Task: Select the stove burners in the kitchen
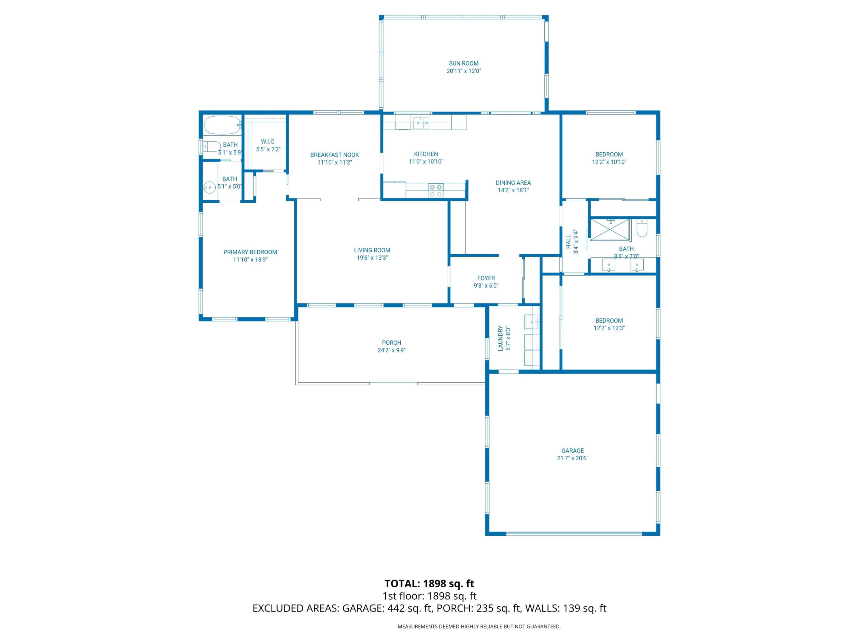coord(435,190)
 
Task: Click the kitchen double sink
coord(421,123)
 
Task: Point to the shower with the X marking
coord(609,230)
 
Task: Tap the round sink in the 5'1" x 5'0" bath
coord(210,188)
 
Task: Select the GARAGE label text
coord(572,451)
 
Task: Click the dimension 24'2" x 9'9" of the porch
coord(391,350)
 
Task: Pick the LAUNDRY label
coord(500,338)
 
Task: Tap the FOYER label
coord(486,278)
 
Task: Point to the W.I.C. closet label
coord(268,142)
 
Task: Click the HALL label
coord(568,241)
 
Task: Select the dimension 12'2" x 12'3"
coord(609,328)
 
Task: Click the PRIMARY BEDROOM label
coord(250,252)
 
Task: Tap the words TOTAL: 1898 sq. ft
coord(429,583)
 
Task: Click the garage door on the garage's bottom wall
coord(574,533)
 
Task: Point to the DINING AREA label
coord(513,183)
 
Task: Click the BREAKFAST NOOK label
coord(334,155)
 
